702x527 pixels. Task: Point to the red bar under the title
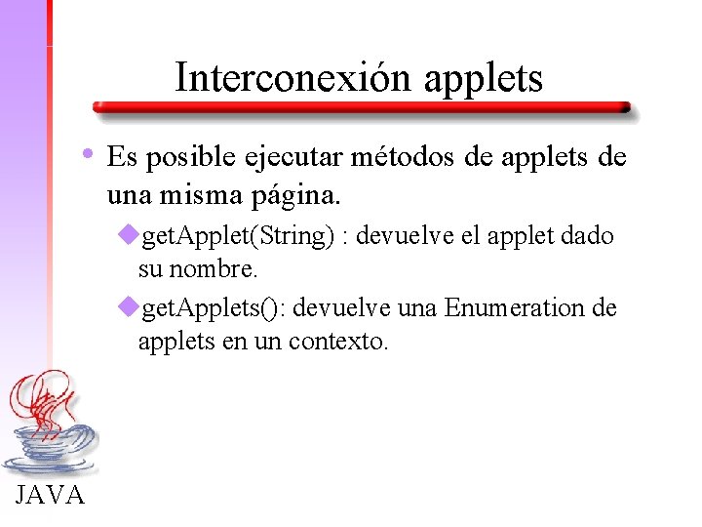(361, 108)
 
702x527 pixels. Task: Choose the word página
(296, 195)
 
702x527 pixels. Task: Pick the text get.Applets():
(214, 310)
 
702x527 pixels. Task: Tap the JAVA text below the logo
(51, 496)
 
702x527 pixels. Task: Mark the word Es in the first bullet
(122, 158)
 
